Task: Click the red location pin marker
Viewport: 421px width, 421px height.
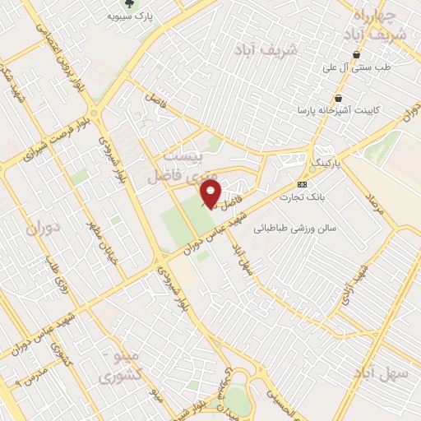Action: pyautogui.click(x=211, y=194)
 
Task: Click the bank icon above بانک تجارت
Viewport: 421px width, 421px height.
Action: pyautogui.click(x=302, y=184)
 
